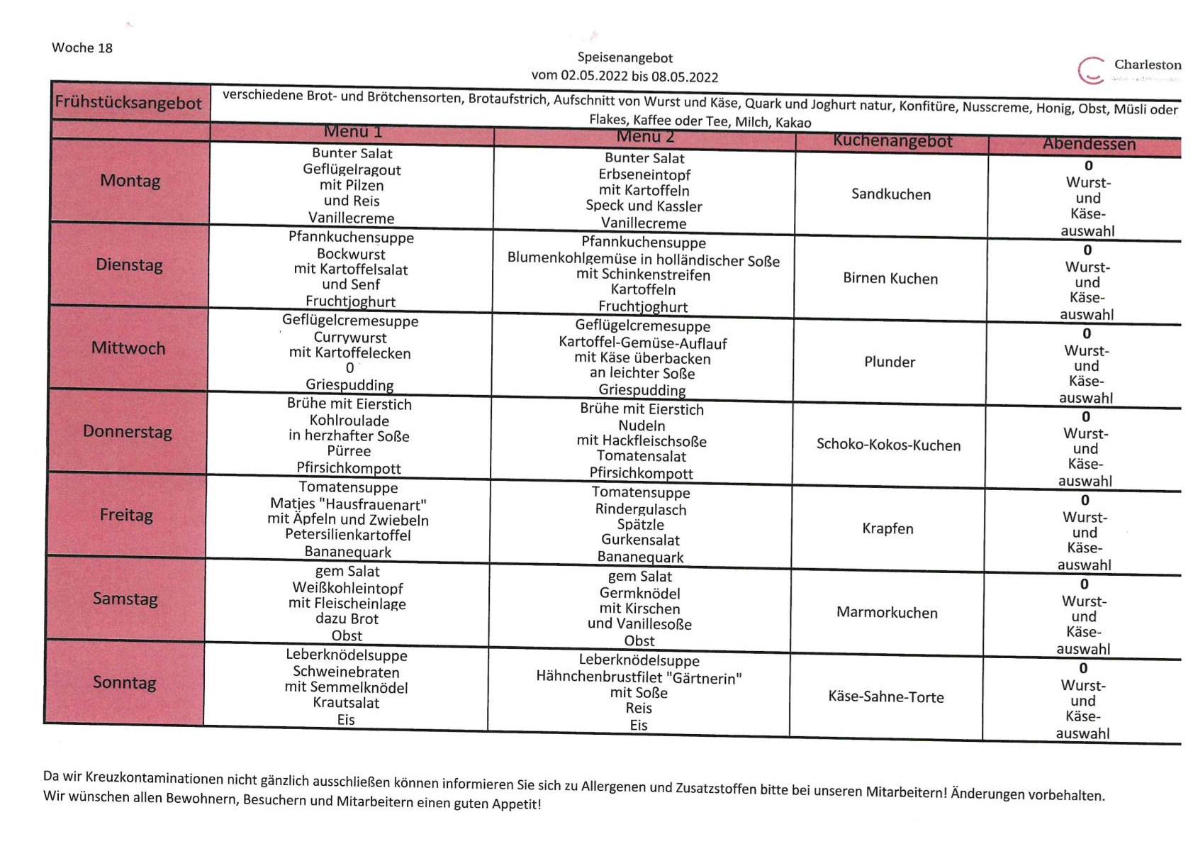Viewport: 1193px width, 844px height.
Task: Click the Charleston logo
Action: [1128, 70]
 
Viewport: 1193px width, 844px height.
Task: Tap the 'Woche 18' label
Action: [82, 48]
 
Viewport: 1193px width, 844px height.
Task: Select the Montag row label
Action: [130, 181]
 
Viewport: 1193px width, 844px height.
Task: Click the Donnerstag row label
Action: [128, 432]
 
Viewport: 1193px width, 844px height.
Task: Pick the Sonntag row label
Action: [125, 683]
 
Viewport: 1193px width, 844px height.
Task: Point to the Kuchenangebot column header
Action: [892, 141]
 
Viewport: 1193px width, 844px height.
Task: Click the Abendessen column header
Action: [1089, 144]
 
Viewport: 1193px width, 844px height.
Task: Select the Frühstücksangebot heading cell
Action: [128, 103]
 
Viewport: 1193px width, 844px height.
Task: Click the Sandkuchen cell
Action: [891, 194]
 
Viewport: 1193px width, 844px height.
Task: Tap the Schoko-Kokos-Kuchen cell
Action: [888, 445]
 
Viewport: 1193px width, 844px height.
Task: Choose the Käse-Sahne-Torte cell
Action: [886, 697]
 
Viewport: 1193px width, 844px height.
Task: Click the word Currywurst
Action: [350, 338]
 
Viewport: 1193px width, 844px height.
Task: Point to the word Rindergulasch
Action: [641, 509]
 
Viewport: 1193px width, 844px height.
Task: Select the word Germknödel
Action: [639, 593]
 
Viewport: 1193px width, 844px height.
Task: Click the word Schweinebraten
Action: [346, 672]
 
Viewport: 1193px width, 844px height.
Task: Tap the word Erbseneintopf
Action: [644, 174]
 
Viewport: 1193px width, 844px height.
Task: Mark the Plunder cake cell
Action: [890, 362]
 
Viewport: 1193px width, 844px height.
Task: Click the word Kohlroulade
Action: [349, 421]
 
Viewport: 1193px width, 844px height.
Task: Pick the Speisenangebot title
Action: [624, 57]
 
